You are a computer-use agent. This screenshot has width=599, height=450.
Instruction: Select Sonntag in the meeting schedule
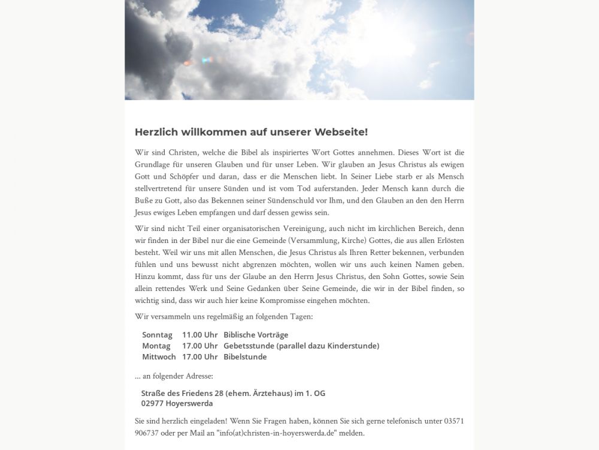[157, 335]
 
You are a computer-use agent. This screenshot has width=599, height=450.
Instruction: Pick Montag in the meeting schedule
[156, 346]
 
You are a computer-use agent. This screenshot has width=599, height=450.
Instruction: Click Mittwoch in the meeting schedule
[159, 356]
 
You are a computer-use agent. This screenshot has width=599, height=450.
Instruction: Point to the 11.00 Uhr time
[199, 335]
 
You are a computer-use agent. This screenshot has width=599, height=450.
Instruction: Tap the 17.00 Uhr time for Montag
[199, 346]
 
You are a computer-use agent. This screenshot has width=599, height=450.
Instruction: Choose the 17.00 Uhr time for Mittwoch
[199, 356]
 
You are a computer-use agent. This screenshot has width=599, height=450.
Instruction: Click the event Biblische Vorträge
[256, 335]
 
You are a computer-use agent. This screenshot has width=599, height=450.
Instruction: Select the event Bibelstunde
[245, 356]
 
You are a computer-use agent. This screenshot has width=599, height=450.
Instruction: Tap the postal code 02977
[152, 404]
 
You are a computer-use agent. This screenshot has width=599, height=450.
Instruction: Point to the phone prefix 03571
[453, 421]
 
